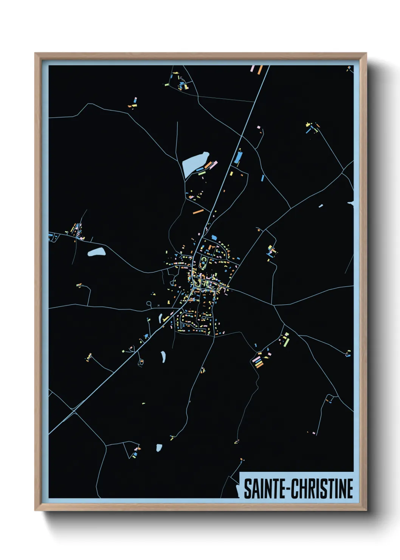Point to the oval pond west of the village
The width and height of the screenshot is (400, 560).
(x=96, y=252)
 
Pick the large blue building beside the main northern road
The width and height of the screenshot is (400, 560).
(x=238, y=157)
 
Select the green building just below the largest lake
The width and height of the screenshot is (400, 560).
(x=202, y=173)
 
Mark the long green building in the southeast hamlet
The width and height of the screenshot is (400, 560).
(x=287, y=342)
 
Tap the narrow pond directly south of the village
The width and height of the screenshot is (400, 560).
(x=163, y=356)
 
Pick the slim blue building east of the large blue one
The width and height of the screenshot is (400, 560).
(x=262, y=177)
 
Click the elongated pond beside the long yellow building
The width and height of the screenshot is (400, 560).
(x=160, y=317)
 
